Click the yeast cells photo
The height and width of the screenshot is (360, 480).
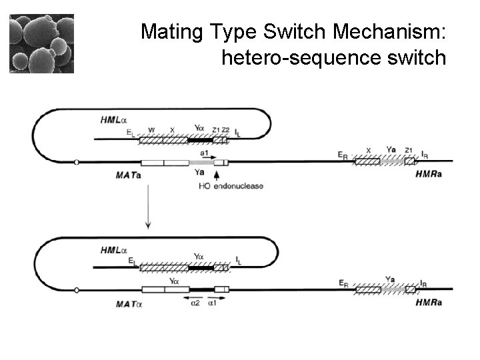41,43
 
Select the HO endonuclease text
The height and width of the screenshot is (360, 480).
231,186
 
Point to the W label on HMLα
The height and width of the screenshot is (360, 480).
151,130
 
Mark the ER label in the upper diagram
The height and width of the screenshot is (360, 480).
343,155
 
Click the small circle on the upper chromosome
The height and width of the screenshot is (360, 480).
77,162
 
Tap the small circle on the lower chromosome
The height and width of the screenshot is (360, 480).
77,290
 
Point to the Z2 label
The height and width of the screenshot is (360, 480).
225,130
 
